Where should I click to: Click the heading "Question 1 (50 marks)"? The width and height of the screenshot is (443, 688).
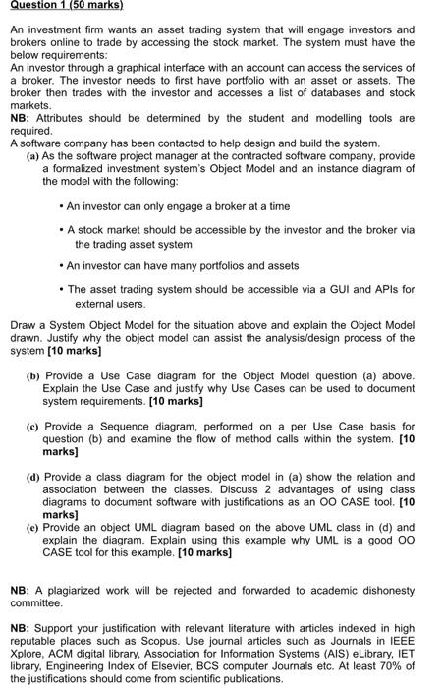(60, 8)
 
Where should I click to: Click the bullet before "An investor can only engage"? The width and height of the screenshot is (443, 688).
(61, 206)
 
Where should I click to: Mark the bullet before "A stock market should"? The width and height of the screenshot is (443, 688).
(61, 229)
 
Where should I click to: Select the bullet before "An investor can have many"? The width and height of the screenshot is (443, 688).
(61, 266)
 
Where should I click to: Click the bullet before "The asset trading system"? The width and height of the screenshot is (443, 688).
(61, 290)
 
